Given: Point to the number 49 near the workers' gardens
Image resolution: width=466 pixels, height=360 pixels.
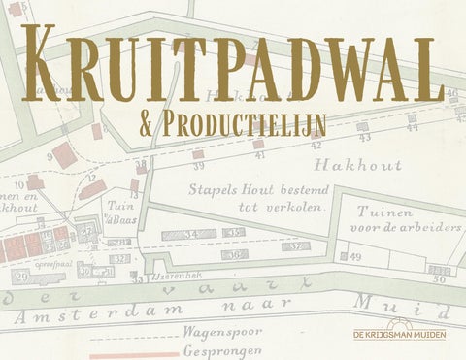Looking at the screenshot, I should [x=355, y=256].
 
